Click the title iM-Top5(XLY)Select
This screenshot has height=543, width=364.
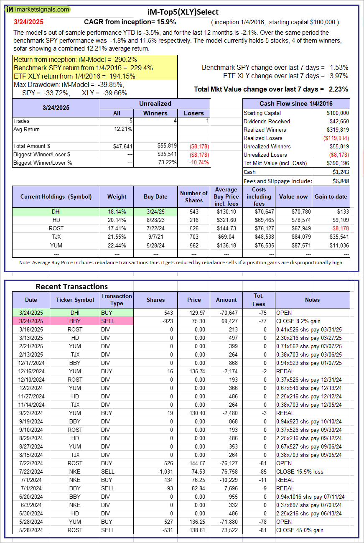point(183,12)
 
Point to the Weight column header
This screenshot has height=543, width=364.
point(117,196)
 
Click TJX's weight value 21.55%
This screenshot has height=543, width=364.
point(117,237)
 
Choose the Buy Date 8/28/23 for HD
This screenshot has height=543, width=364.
point(155,220)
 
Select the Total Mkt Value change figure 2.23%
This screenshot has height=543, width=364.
point(338,89)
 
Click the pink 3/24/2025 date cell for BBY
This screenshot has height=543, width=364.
point(31,321)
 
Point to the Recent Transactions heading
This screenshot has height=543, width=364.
point(71,286)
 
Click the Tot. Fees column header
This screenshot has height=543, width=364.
point(259,300)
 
